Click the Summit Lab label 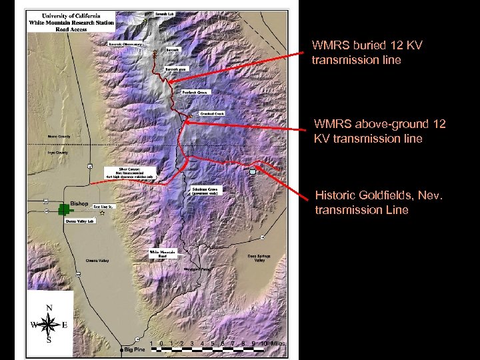click(x=165, y=13)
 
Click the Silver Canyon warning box click(x=130, y=173)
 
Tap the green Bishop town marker click(x=65, y=209)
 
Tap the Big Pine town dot click(x=122, y=349)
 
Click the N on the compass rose click(x=49, y=307)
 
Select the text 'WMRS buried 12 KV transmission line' click(x=367, y=53)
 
